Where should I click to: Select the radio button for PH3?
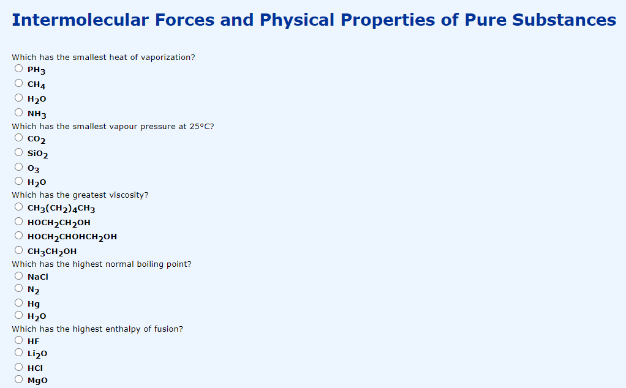[x=19, y=69]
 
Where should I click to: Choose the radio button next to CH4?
[x=19, y=83]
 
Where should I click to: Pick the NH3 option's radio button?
[x=19, y=113]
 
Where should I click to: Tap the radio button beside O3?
[x=19, y=166]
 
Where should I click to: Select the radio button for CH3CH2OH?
[x=19, y=250]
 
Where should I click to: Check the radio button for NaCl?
[x=19, y=276]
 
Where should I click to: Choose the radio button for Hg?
[x=19, y=302]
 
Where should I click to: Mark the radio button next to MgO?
[x=19, y=379]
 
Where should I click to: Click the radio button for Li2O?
[x=19, y=353]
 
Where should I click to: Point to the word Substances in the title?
[x=564, y=20]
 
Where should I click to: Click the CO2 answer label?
[x=37, y=139]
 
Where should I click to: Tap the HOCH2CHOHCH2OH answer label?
[x=72, y=236]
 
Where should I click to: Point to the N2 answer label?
[x=34, y=289]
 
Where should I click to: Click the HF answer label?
[x=34, y=341]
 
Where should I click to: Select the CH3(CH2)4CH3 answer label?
[x=61, y=209]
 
